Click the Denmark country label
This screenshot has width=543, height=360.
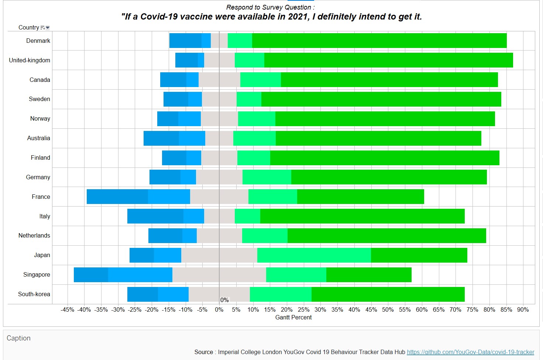[x=38, y=41]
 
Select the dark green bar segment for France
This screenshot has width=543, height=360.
[x=360, y=197]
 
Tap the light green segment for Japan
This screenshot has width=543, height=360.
[x=314, y=255]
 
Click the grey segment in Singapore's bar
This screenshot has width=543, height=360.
[x=219, y=275]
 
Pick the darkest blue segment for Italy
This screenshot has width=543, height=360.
[x=155, y=216]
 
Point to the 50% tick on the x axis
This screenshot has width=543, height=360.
[x=388, y=310]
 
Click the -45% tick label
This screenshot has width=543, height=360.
[x=68, y=310]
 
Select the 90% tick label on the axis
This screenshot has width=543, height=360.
[x=523, y=310]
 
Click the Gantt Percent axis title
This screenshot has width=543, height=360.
[x=293, y=318]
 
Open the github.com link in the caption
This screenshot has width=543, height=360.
[x=470, y=352]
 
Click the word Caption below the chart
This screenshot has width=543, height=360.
[x=18, y=338]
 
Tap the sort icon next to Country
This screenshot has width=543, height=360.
[x=45, y=28]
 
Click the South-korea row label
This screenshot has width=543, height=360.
[x=34, y=294]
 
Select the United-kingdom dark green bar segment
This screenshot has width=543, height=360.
[x=388, y=60]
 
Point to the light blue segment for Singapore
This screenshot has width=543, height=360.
[x=140, y=275]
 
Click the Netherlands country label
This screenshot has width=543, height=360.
[x=34, y=236]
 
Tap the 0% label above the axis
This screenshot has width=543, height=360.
[x=224, y=300]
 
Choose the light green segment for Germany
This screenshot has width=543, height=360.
[x=267, y=177]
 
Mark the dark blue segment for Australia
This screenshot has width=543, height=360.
[x=161, y=138]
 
